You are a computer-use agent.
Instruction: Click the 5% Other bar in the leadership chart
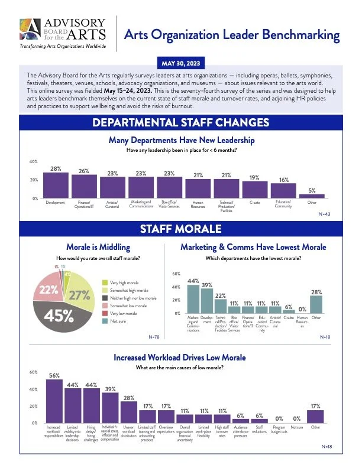click(311, 196)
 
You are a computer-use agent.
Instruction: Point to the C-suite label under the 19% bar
click(254, 203)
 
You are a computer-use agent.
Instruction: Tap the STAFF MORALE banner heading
click(181, 229)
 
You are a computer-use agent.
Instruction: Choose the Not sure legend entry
click(121, 321)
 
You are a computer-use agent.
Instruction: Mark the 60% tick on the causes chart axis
click(33, 372)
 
